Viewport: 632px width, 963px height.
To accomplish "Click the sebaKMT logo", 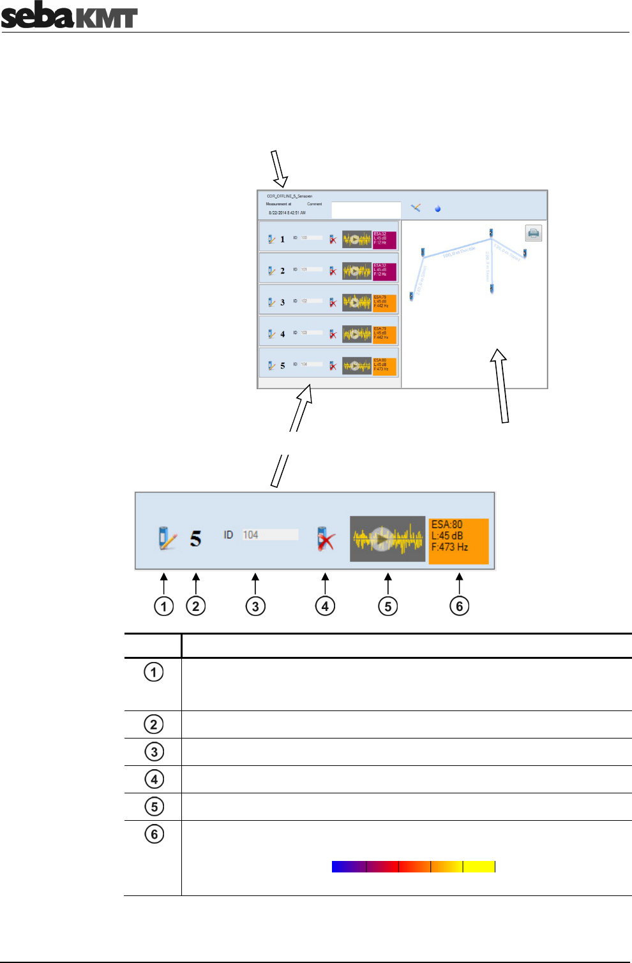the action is (x=69, y=16).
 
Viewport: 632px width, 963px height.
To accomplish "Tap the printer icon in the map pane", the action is (x=534, y=233).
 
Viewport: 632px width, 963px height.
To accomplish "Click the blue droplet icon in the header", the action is (x=437, y=209).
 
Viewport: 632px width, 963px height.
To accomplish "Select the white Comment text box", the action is (x=366, y=210).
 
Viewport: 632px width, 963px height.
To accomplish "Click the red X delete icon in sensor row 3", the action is (x=333, y=302).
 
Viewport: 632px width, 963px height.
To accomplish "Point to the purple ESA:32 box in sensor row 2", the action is (x=384, y=271).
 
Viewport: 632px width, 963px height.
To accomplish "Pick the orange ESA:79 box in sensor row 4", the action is (x=384, y=334).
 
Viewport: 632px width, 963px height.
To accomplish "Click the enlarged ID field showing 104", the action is (x=269, y=535).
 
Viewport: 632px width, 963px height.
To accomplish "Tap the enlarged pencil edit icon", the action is (x=167, y=538).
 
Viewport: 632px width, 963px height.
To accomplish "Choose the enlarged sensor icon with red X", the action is (x=326, y=539).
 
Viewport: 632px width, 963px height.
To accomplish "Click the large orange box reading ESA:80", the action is (x=458, y=541).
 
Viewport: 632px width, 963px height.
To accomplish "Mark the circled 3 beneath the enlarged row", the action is (x=255, y=606).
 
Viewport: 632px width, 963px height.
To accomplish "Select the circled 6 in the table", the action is (x=154, y=834).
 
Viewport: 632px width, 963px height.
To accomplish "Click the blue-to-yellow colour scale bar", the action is (x=413, y=866).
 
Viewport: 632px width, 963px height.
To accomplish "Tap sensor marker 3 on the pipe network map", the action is (x=525, y=253).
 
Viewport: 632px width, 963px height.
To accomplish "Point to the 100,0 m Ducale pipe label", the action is (x=459, y=252).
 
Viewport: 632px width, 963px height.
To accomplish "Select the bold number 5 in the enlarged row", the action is (x=195, y=539).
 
